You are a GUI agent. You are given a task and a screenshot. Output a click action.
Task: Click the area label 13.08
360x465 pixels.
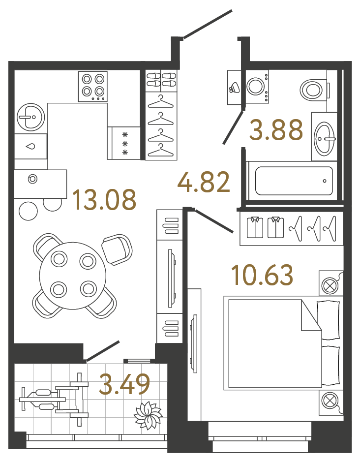point(104,200)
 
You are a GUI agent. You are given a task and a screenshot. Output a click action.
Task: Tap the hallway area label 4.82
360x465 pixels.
point(204,182)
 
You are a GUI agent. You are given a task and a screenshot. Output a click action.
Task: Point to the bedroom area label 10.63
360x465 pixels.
point(263,275)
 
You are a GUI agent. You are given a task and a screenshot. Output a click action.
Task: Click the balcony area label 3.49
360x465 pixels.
point(124,384)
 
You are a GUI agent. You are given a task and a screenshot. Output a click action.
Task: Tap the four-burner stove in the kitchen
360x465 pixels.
point(93,86)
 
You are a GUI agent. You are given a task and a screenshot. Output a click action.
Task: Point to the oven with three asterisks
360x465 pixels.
point(125,143)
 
